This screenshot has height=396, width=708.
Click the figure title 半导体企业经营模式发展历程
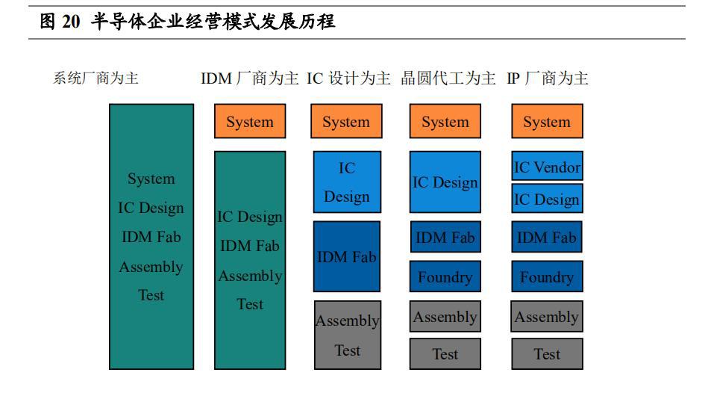(213, 21)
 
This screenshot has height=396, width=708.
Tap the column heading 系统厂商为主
(95, 78)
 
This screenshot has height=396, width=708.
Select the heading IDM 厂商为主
(250, 78)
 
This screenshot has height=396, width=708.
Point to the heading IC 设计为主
(348, 78)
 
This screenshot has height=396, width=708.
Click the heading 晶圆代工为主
(448, 78)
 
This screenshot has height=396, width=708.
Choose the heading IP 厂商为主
(548, 78)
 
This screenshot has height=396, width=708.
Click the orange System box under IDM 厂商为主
(250, 121)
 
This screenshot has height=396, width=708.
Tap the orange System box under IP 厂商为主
(548, 121)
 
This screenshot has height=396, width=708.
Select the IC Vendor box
(548, 166)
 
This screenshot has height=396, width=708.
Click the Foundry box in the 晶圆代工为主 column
(445, 276)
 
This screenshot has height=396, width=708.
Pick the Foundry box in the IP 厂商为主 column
(548, 276)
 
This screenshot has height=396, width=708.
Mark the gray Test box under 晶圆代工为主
(445, 354)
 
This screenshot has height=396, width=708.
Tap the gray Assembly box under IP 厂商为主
(548, 317)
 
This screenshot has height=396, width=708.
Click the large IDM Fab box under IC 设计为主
(347, 256)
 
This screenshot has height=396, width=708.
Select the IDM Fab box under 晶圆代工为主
(445, 237)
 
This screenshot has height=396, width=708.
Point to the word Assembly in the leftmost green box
(151, 267)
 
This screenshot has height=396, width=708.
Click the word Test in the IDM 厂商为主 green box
(250, 304)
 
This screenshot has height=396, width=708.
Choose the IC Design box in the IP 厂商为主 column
(548, 198)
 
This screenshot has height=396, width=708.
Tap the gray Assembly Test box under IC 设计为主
(348, 335)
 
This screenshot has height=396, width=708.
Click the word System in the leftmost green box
(151, 179)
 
